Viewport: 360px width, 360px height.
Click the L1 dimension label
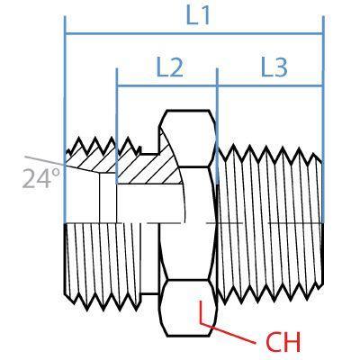197,17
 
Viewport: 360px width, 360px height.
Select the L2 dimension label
168,67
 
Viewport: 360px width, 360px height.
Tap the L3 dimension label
273,67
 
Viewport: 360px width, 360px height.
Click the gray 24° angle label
37,179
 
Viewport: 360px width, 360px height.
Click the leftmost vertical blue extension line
65,108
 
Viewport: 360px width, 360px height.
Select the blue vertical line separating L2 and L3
217,99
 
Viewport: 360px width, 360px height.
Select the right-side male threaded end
270,225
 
